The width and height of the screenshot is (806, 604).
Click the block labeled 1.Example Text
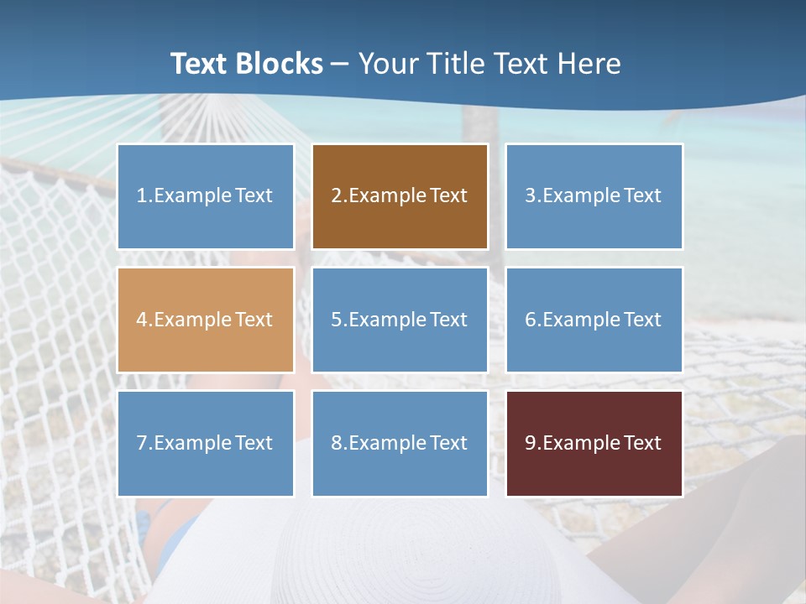(206, 196)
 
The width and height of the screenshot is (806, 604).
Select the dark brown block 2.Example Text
(400, 196)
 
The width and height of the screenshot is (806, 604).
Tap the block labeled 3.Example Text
(594, 196)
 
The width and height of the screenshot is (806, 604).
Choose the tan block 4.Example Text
(206, 320)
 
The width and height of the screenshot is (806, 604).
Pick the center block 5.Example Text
(400, 320)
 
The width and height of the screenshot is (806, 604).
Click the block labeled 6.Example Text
(594, 320)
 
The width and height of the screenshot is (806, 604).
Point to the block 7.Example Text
(206, 443)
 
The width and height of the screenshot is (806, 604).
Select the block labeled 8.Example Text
(400, 443)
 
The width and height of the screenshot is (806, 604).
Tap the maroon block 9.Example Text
(594, 443)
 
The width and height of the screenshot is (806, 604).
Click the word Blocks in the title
(281, 64)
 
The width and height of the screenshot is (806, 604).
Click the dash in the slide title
(340, 64)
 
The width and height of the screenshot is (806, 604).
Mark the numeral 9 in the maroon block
(531, 443)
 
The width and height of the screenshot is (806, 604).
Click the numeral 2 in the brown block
(336, 196)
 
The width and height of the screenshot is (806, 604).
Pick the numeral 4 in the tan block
(142, 320)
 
